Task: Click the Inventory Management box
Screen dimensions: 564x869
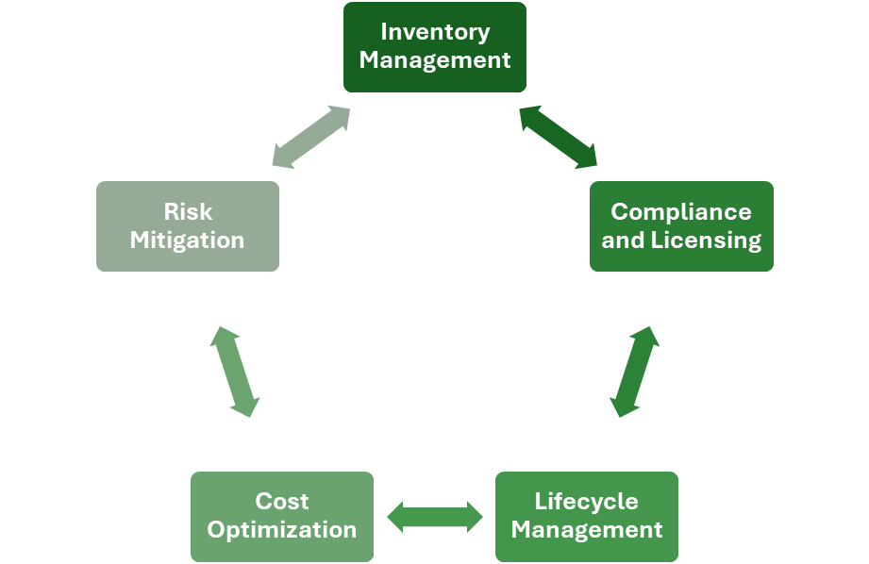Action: (x=435, y=47)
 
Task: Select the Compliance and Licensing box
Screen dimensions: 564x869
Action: (x=681, y=226)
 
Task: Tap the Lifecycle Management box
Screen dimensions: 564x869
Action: (x=587, y=516)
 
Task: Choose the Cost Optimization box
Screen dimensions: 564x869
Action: (x=282, y=516)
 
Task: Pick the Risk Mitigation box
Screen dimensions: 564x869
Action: (x=188, y=226)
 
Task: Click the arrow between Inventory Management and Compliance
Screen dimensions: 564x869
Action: (x=559, y=137)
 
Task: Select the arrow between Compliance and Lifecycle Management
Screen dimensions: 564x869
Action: (x=634, y=372)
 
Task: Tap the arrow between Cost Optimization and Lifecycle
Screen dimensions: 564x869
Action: (x=435, y=516)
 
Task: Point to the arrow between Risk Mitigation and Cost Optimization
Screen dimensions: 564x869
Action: (x=234, y=372)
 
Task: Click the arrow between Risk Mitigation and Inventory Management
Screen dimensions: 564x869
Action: (x=311, y=137)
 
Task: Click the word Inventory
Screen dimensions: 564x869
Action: (x=435, y=32)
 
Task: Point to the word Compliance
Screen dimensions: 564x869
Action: (x=681, y=212)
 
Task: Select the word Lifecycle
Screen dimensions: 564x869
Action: (x=587, y=501)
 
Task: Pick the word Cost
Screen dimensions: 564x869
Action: (x=282, y=501)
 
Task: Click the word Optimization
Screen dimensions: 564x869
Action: (x=282, y=530)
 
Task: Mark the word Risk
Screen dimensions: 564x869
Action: (x=188, y=212)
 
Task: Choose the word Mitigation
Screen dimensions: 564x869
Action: (x=188, y=241)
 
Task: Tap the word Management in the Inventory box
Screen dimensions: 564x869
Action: (x=435, y=61)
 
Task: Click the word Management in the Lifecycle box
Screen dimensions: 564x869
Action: (x=587, y=530)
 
